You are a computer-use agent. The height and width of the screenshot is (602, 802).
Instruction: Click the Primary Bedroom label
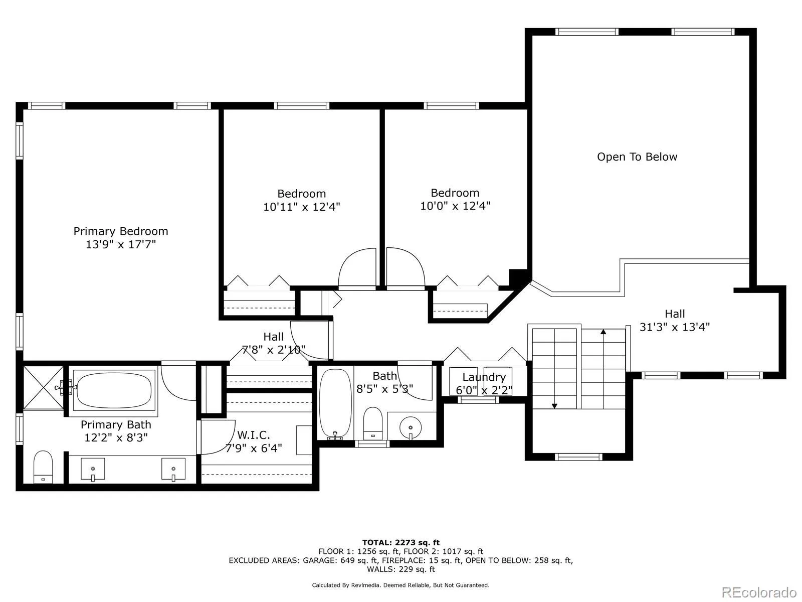point(120,231)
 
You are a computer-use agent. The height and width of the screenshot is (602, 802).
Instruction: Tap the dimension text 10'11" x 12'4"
point(301,207)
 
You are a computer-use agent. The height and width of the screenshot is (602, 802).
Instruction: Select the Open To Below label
point(637,157)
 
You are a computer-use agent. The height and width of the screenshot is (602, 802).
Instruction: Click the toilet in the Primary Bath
point(43,467)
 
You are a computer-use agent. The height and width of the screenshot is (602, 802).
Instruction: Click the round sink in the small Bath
point(411,427)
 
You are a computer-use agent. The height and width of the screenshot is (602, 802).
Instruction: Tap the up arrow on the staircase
point(603,332)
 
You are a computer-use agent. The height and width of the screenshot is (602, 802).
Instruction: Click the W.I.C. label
point(253,434)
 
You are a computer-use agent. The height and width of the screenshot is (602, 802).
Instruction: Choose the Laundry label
point(484,377)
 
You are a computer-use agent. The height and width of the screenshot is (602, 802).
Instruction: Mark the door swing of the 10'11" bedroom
point(357,268)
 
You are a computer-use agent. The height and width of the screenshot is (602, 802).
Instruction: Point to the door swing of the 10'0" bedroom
point(405,268)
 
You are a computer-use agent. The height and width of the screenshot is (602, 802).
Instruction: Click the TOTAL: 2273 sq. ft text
point(400,542)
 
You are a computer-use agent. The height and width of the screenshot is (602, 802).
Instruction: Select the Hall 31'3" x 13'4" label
point(674,321)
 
